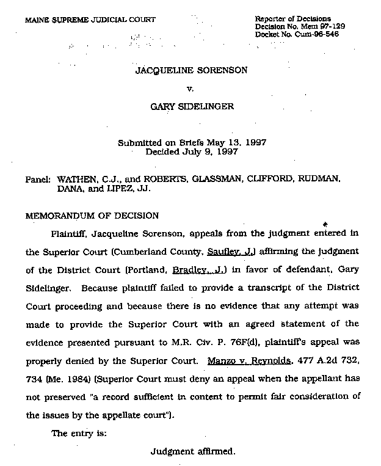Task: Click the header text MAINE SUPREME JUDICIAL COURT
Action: pos(90,20)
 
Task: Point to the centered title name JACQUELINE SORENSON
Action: pos(191,70)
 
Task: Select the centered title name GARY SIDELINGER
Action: pos(191,107)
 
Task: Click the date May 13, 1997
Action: pos(234,144)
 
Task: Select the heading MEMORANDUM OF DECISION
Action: pos(92,216)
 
